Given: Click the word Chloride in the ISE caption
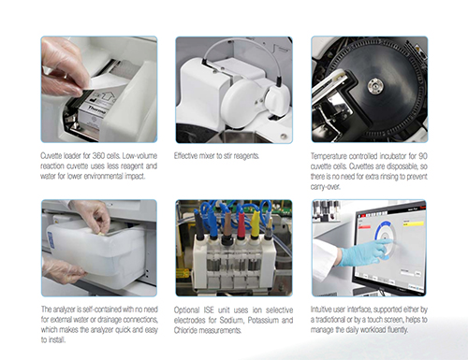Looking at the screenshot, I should coord(190,336).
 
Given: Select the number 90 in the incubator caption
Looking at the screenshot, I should coord(419,153).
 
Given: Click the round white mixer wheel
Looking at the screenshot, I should coord(277,99).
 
